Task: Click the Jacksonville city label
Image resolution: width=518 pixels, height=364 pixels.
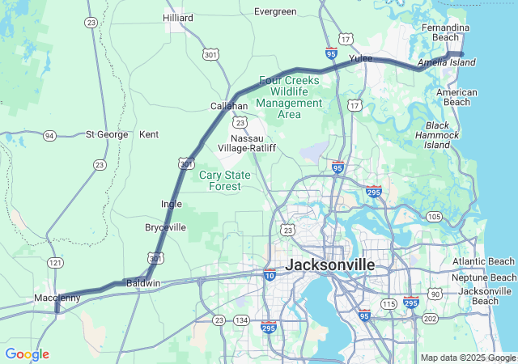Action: tap(330, 265)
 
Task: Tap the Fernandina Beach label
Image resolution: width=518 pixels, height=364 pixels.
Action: tap(445, 32)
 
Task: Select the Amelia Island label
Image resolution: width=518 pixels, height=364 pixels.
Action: tap(446, 62)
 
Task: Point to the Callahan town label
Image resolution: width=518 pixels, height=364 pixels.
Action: tap(229, 106)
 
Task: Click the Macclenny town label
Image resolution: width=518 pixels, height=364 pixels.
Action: tap(57, 298)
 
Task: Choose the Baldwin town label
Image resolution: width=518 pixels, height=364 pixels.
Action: tap(143, 283)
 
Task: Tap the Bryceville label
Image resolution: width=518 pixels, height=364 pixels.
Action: tap(165, 227)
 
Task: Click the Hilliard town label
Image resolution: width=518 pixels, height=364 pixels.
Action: tap(178, 17)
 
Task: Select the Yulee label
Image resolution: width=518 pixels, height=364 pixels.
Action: tap(360, 59)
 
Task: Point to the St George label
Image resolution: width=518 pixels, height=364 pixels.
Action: tap(107, 134)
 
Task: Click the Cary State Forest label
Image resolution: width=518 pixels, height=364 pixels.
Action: tap(220, 180)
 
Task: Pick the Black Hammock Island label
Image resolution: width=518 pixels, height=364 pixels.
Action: tap(437, 135)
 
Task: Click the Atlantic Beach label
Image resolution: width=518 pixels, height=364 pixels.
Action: tap(483, 261)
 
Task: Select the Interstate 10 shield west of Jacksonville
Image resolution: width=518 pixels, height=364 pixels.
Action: tap(270, 275)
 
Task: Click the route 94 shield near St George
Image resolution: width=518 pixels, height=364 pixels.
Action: tap(50, 135)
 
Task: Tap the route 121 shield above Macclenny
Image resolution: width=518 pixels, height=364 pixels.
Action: tap(55, 264)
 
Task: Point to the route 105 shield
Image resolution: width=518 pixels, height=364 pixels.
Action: tap(434, 217)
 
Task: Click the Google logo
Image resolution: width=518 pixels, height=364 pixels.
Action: tap(27, 354)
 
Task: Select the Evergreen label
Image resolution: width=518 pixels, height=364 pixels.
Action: tap(275, 12)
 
